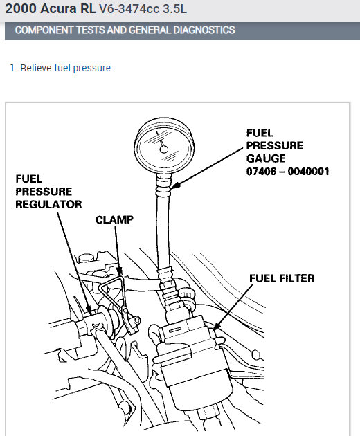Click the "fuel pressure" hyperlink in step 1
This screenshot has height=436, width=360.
point(82,68)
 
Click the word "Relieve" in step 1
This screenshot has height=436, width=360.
point(36,68)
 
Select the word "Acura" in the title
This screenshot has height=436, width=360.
point(58,8)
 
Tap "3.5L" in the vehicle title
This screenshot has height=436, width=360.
point(174,9)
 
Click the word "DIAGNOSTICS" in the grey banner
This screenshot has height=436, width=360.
point(204,30)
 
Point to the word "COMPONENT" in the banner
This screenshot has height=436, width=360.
point(44,30)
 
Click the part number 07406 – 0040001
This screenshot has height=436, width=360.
point(288,172)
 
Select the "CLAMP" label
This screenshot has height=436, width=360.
point(115,219)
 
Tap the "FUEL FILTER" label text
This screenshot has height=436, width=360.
point(282,278)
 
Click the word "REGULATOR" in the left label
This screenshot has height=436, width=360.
point(48,204)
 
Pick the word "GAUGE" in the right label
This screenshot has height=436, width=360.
point(266,158)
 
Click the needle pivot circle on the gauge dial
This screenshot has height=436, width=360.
point(163,149)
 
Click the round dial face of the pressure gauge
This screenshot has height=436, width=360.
point(164,146)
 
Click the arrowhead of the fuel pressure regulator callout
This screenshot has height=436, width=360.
point(89,310)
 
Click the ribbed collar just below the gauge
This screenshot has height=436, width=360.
point(163,185)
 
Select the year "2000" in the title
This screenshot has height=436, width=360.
point(21,8)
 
